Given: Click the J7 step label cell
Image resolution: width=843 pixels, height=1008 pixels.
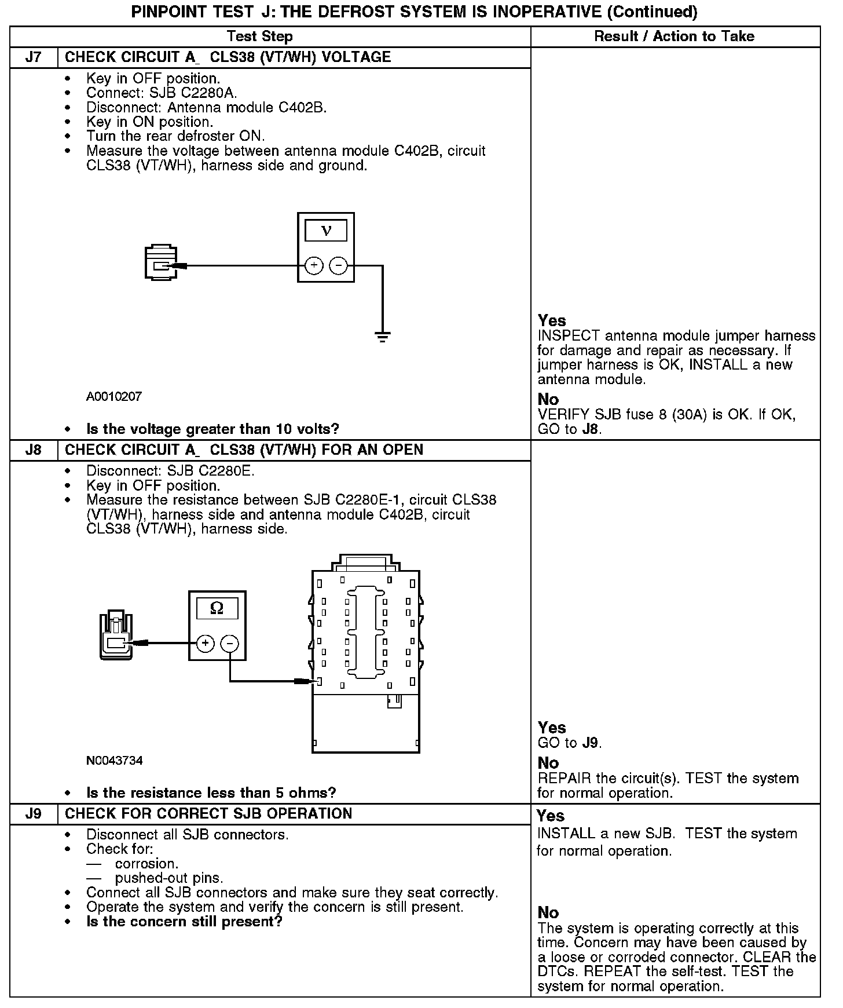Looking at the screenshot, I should pyautogui.click(x=34, y=57).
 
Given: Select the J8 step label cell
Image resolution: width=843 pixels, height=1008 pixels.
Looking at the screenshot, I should pyautogui.click(x=34, y=450).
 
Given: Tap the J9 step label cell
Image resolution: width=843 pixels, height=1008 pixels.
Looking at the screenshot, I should pyautogui.click(x=34, y=813).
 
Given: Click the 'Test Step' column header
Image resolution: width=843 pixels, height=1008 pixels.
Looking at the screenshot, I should pyautogui.click(x=260, y=36).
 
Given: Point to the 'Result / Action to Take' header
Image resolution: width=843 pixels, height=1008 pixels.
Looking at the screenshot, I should pyautogui.click(x=675, y=36).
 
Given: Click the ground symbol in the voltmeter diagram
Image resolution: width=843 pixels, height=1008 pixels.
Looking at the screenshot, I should pyautogui.click(x=382, y=336).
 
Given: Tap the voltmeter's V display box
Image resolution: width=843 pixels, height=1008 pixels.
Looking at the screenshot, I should pyautogui.click(x=326, y=231).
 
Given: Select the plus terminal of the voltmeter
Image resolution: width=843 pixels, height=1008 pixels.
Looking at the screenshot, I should pyautogui.click(x=314, y=266).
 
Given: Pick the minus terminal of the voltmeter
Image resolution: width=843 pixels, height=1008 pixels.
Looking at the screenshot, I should pyautogui.click(x=338, y=266).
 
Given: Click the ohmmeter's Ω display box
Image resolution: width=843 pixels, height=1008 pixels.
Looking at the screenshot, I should pyautogui.click(x=217, y=608).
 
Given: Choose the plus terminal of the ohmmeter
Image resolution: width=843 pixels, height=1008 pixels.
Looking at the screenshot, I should pyautogui.click(x=205, y=643).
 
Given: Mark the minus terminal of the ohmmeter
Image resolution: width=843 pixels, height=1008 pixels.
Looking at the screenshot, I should pyautogui.click(x=230, y=643).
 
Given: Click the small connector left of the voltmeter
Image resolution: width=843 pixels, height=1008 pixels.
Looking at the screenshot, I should pyautogui.click(x=160, y=264).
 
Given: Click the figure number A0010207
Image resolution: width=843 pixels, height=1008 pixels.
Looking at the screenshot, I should pyautogui.click(x=114, y=397).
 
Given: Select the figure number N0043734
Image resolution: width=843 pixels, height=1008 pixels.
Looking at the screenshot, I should pyautogui.click(x=115, y=761).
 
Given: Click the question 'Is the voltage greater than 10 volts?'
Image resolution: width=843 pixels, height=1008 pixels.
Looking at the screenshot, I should pyautogui.click(x=212, y=429).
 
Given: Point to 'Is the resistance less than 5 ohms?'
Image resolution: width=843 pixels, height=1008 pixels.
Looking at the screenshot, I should pyautogui.click(x=211, y=792).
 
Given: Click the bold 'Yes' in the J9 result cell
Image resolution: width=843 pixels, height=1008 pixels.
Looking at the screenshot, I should pyautogui.click(x=551, y=816).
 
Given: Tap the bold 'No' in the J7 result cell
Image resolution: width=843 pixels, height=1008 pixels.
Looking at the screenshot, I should pyautogui.click(x=548, y=399).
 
